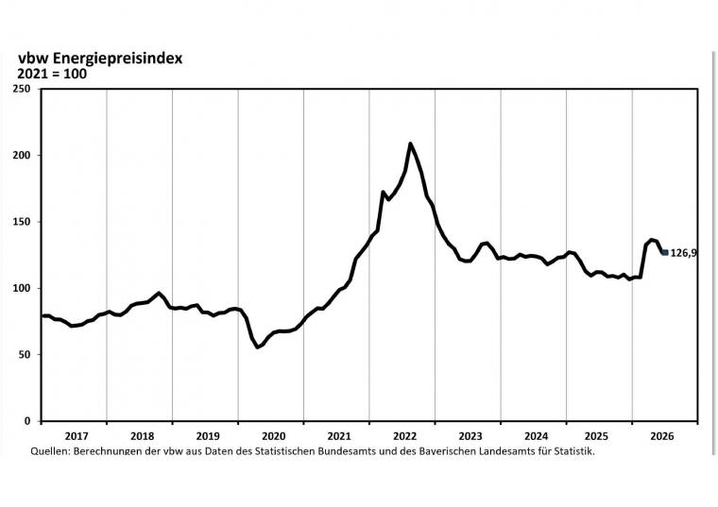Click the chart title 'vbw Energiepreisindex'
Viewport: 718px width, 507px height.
pos(100,59)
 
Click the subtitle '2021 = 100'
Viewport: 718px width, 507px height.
pos(52,74)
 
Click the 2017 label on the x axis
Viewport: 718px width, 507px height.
pos(77,435)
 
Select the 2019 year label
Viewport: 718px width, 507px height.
pos(208,435)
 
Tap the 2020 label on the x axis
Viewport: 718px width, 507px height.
pos(273,435)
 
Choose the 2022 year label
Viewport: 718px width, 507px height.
pos(404,435)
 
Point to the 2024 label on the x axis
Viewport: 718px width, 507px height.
pos(536,435)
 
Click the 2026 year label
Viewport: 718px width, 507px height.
pos(662,435)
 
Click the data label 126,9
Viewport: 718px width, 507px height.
pos(684,253)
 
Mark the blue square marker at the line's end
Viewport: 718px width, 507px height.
pos(665,252)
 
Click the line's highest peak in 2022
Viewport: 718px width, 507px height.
pos(410,144)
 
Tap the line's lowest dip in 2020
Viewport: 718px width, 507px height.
pos(257,346)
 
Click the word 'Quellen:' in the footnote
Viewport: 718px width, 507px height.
pos(50,451)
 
